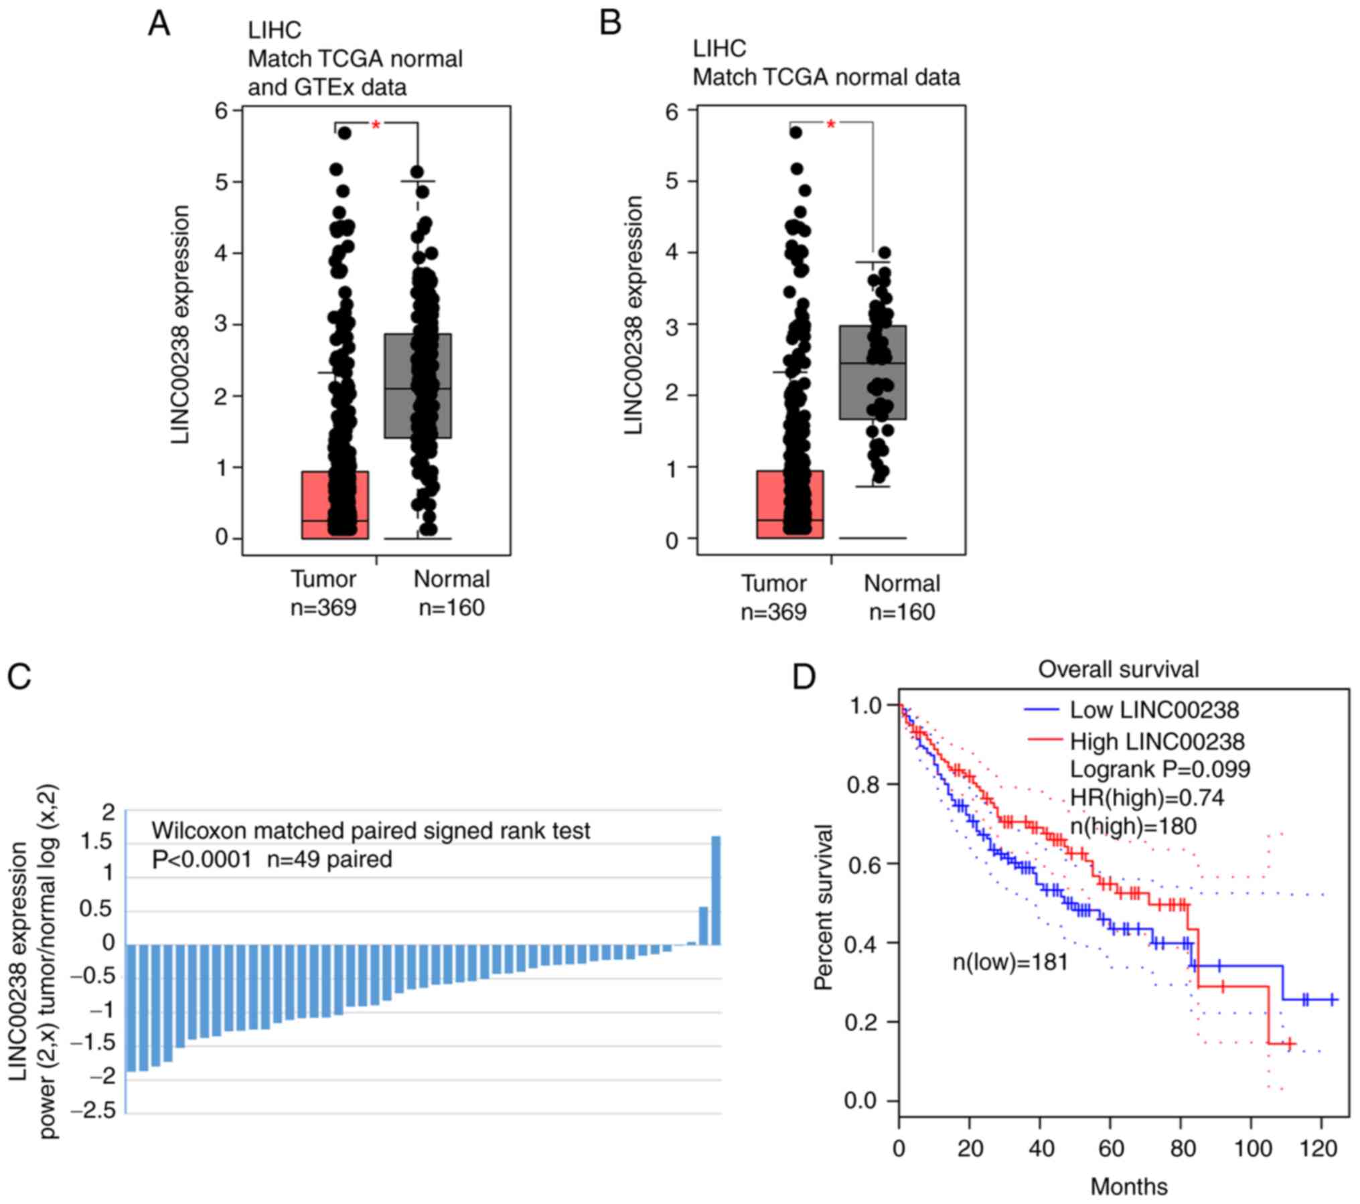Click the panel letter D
[x=804, y=677]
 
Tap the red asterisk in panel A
[x=376, y=125]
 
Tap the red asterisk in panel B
[x=831, y=125]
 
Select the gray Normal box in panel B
[x=873, y=372]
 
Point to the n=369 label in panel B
[x=773, y=612]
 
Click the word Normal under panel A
[x=451, y=579]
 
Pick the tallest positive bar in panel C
[x=715, y=890]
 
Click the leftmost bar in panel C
[x=132, y=1008]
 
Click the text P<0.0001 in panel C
[x=202, y=859]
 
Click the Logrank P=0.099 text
[x=1160, y=769]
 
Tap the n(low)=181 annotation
[x=1010, y=963]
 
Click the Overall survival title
[x=1118, y=669]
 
